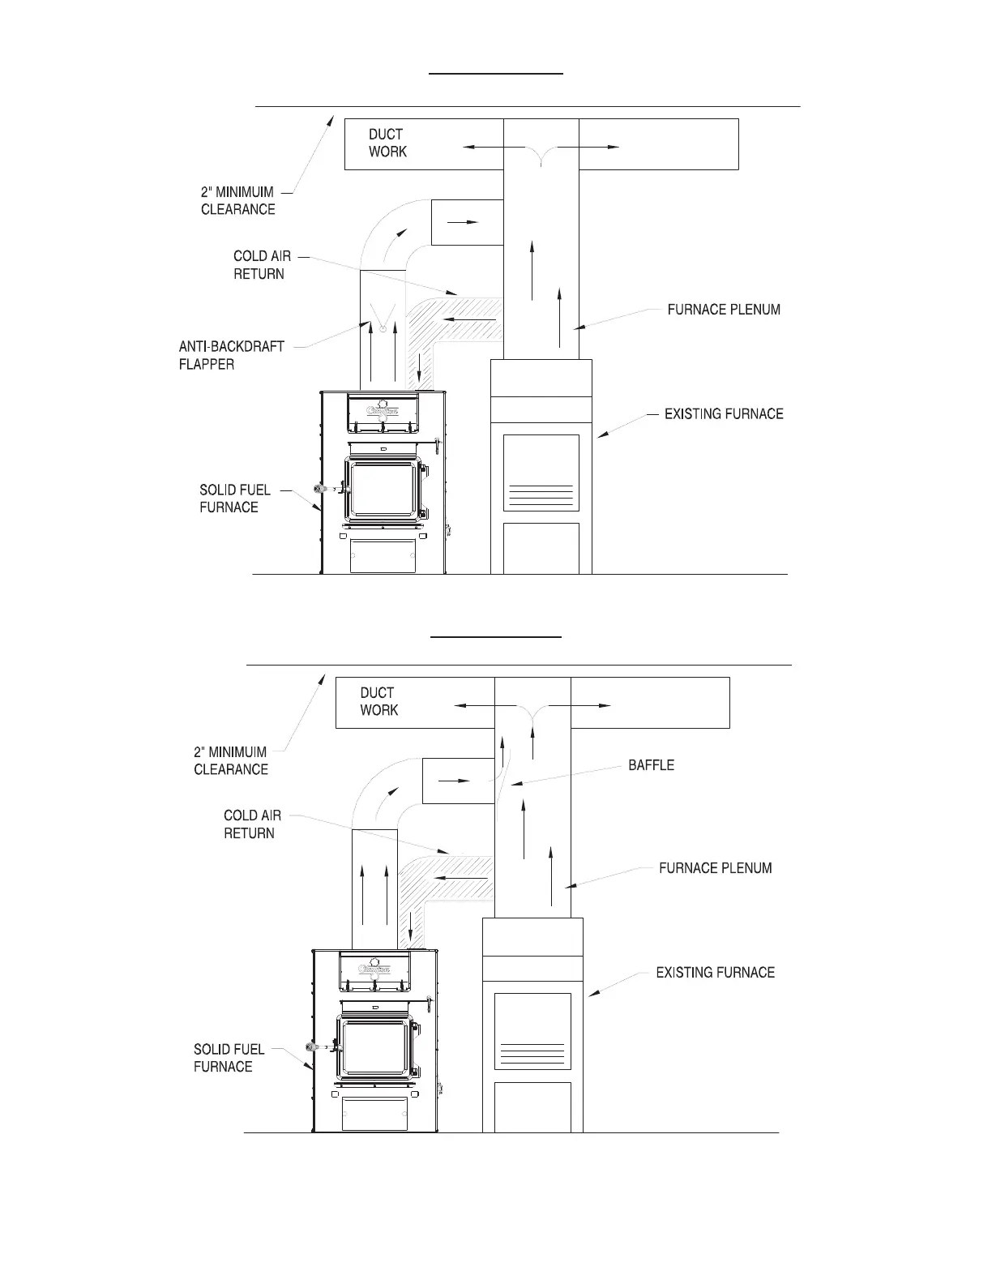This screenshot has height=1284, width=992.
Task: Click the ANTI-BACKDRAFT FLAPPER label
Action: coord(231,355)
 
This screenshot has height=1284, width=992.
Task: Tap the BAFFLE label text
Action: coord(651,765)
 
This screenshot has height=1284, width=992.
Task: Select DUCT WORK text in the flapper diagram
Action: coord(387,143)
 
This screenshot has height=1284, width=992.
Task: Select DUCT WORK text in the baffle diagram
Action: coord(378,701)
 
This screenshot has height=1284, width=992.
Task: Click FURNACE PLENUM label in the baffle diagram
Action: coord(715,868)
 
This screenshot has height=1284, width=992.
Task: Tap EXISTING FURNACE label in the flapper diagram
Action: coord(723,414)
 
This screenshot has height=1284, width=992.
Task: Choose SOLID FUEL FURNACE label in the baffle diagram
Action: coord(229,1058)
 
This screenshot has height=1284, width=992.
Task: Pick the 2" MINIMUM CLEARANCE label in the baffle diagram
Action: coord(230,760)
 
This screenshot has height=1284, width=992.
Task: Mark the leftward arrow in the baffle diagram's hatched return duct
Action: coord(460,878)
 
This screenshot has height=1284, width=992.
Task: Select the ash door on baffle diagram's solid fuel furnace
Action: coord(374,1113)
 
